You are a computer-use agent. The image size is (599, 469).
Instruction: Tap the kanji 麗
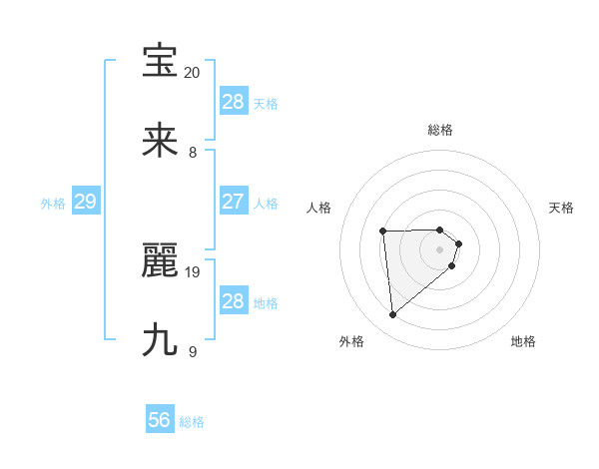pyautogui.click(x=160, y=260)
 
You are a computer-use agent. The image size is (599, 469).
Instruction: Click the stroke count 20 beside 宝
pyautogui.click(x=192, y=73)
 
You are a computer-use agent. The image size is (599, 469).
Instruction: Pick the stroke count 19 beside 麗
pyautogui.click(x=193, y=271)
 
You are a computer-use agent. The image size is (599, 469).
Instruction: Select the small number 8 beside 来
pyautogui.click(x=193, y=153)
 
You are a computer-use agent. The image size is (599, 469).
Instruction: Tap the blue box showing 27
pyautogui.click(x=233, y=202)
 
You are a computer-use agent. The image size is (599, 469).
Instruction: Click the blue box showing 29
pyautogui.click(x=85, y=202)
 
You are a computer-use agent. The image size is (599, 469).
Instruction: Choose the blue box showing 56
pyautogui.click(x=160, y=420)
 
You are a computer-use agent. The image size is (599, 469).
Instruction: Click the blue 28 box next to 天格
pyautogui.click(x=233, y=102)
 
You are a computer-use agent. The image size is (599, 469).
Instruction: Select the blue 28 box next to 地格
pyautogui.click(x=233, y=301)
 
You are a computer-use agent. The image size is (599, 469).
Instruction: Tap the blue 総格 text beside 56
pyautogui.click(x=193, y=422)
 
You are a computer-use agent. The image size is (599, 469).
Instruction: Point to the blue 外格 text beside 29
pyautogui.click(x=53, y=204)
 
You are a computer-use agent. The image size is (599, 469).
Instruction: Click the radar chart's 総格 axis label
pyautogui.click(x=440, y=130)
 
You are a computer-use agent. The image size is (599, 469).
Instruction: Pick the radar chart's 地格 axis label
pyautogui.click(x=523, y=341)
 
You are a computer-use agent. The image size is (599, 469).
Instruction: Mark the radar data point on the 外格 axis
pyautogui.click(x=393, y=315)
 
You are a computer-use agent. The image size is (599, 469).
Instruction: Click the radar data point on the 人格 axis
pyautogui.click(x=383, y=233)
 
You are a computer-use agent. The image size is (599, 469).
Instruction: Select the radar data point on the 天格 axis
pyautogui.click(x=458, y=243)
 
